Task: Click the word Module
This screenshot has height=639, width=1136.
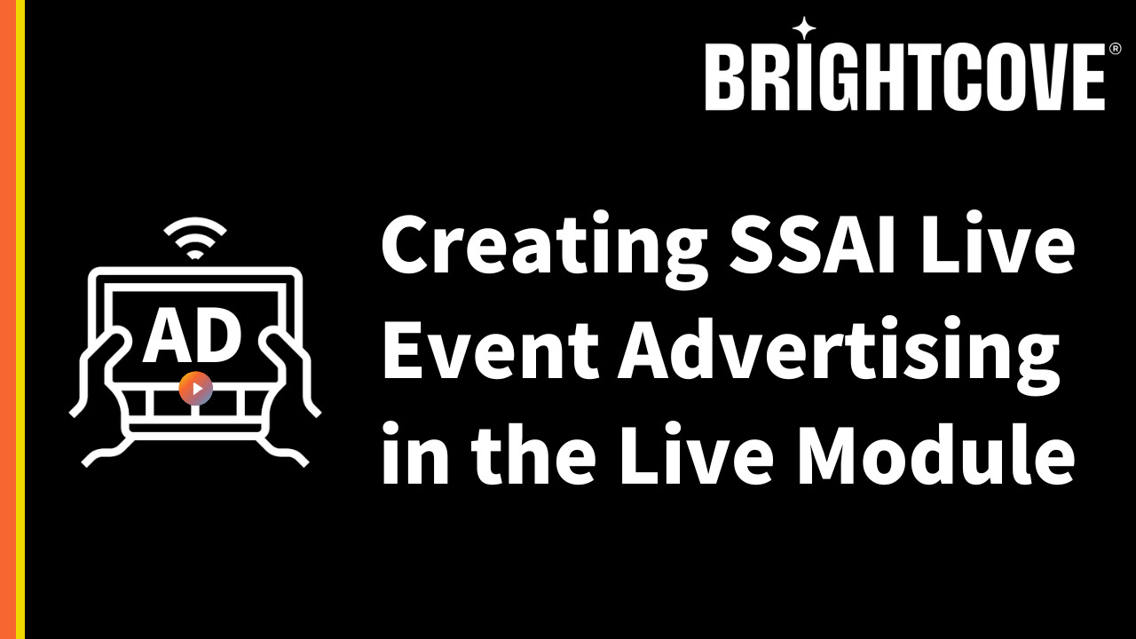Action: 936,453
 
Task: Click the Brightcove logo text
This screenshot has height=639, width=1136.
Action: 904,76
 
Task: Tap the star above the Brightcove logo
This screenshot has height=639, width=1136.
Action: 804,28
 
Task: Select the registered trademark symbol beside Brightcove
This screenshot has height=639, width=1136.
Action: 1116,49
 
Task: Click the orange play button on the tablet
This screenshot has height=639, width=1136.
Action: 196,389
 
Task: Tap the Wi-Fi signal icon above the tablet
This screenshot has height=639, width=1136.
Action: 195,238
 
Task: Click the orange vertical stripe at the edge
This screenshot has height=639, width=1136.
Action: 8,319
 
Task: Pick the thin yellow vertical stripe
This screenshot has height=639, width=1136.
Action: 20,319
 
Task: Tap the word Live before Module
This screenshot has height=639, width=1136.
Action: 698,453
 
